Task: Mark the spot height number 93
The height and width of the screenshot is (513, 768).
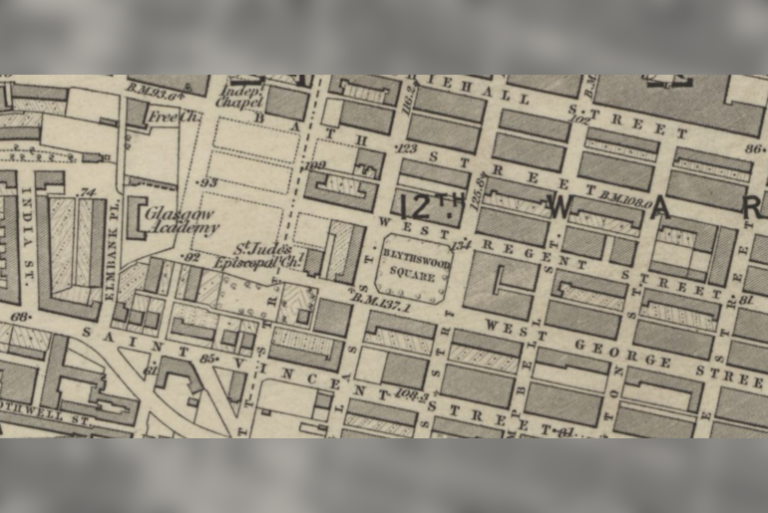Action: tap(208, 182)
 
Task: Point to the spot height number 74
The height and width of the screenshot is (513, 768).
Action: tap(87, 192)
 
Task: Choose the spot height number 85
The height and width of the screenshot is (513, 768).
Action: tap(207, 357)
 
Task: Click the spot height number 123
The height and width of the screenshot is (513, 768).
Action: tap(406, 147)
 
